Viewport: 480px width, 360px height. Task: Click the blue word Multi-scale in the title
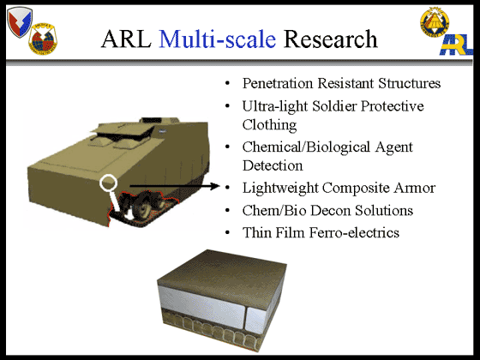click(218, 39)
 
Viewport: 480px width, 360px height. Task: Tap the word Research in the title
click(331, 39)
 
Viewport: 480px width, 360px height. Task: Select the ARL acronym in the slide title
click(126, 39)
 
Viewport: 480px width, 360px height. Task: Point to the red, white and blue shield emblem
click(19, 21)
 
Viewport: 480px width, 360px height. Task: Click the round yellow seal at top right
click(435, 22)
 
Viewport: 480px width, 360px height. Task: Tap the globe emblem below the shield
click(43, 39)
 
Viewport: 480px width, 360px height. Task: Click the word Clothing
click(269, 125)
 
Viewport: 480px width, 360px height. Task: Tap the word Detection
click(273, 165)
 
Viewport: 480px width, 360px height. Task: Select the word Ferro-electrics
click(354, 232)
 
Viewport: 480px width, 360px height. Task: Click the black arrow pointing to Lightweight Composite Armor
click(175, 185)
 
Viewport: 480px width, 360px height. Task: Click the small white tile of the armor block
click(256, 320)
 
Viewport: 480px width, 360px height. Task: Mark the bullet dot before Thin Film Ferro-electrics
click(227, 233)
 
